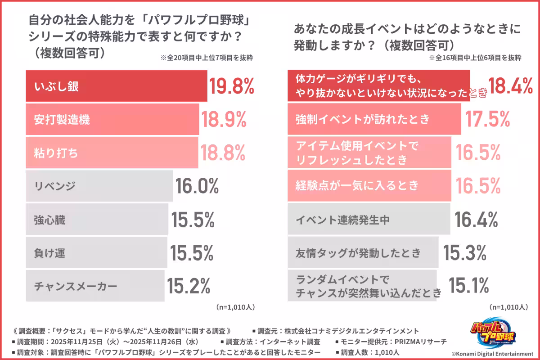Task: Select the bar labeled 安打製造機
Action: pos(112,119)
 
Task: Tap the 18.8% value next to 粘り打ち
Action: pos(223,153)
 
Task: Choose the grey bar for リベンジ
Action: pos(99,186)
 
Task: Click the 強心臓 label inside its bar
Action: pos(49,220)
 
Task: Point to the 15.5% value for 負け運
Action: pos(192,253)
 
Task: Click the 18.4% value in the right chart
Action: pos(511,86)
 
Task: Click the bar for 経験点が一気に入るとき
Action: pos(369,185)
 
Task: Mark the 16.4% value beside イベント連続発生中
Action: pos(476,220)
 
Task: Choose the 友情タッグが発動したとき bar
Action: pos(363,253)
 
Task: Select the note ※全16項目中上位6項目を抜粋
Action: pos(475,58)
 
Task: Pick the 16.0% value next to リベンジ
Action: pos(197,186)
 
